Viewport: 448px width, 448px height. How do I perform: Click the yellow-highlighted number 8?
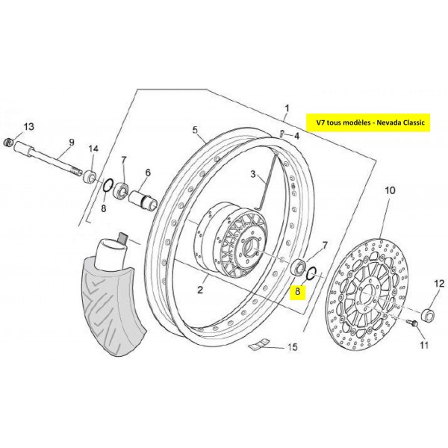[x=298, y=292]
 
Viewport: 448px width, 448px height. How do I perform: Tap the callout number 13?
[x=28, y=127]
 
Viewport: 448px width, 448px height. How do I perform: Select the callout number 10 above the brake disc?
[x=390, y=190]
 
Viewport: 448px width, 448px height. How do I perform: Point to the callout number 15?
[x=292, y=347]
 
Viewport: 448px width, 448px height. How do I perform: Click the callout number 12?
[x=439, y=284]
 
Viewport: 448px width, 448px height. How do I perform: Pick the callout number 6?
[x=148, y=172]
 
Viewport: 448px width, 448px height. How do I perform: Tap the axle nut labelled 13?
[x=10, y=142]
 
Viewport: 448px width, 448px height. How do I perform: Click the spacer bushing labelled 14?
[x=90, y=176]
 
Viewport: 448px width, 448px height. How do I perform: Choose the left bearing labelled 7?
[x=121, y=190]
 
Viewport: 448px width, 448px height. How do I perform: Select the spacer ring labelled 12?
[x=428, y=314]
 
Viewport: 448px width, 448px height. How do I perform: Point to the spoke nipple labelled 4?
[x=282, y=134]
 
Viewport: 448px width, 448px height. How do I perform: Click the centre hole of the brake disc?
[x=367, y=296]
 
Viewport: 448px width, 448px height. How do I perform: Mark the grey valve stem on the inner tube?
[x=122, y=237]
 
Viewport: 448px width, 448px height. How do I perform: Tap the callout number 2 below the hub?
[x=200, y=290]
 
